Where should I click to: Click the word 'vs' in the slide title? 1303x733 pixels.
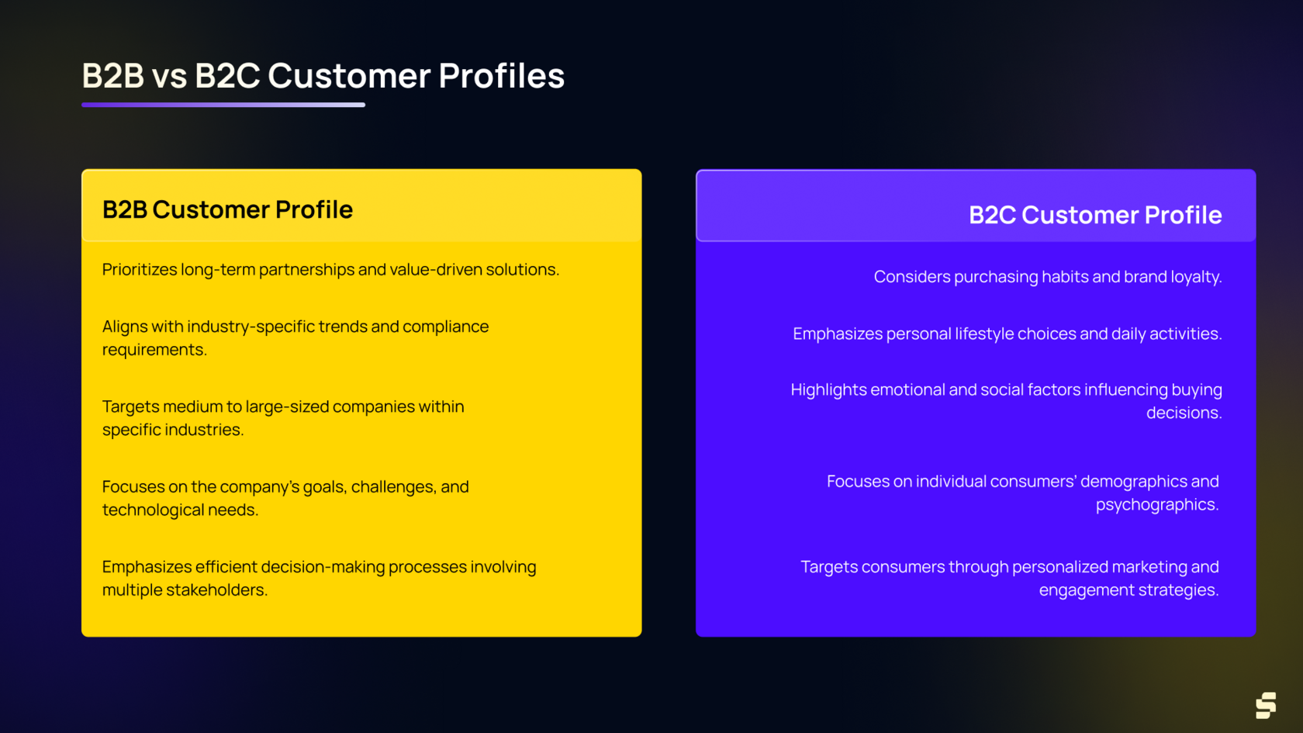(169, 77)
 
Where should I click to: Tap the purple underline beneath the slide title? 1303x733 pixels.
(223, 105)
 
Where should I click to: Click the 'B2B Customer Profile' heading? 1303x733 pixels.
(227, 209)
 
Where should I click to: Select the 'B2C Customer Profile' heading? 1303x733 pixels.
(1094, 215)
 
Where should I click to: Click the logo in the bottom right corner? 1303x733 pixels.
(1265, 705)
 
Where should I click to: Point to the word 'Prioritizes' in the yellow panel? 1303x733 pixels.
(140, 269)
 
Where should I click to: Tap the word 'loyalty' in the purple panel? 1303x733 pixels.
(1194, 277)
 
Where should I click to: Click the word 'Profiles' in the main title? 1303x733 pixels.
(501, 77)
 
